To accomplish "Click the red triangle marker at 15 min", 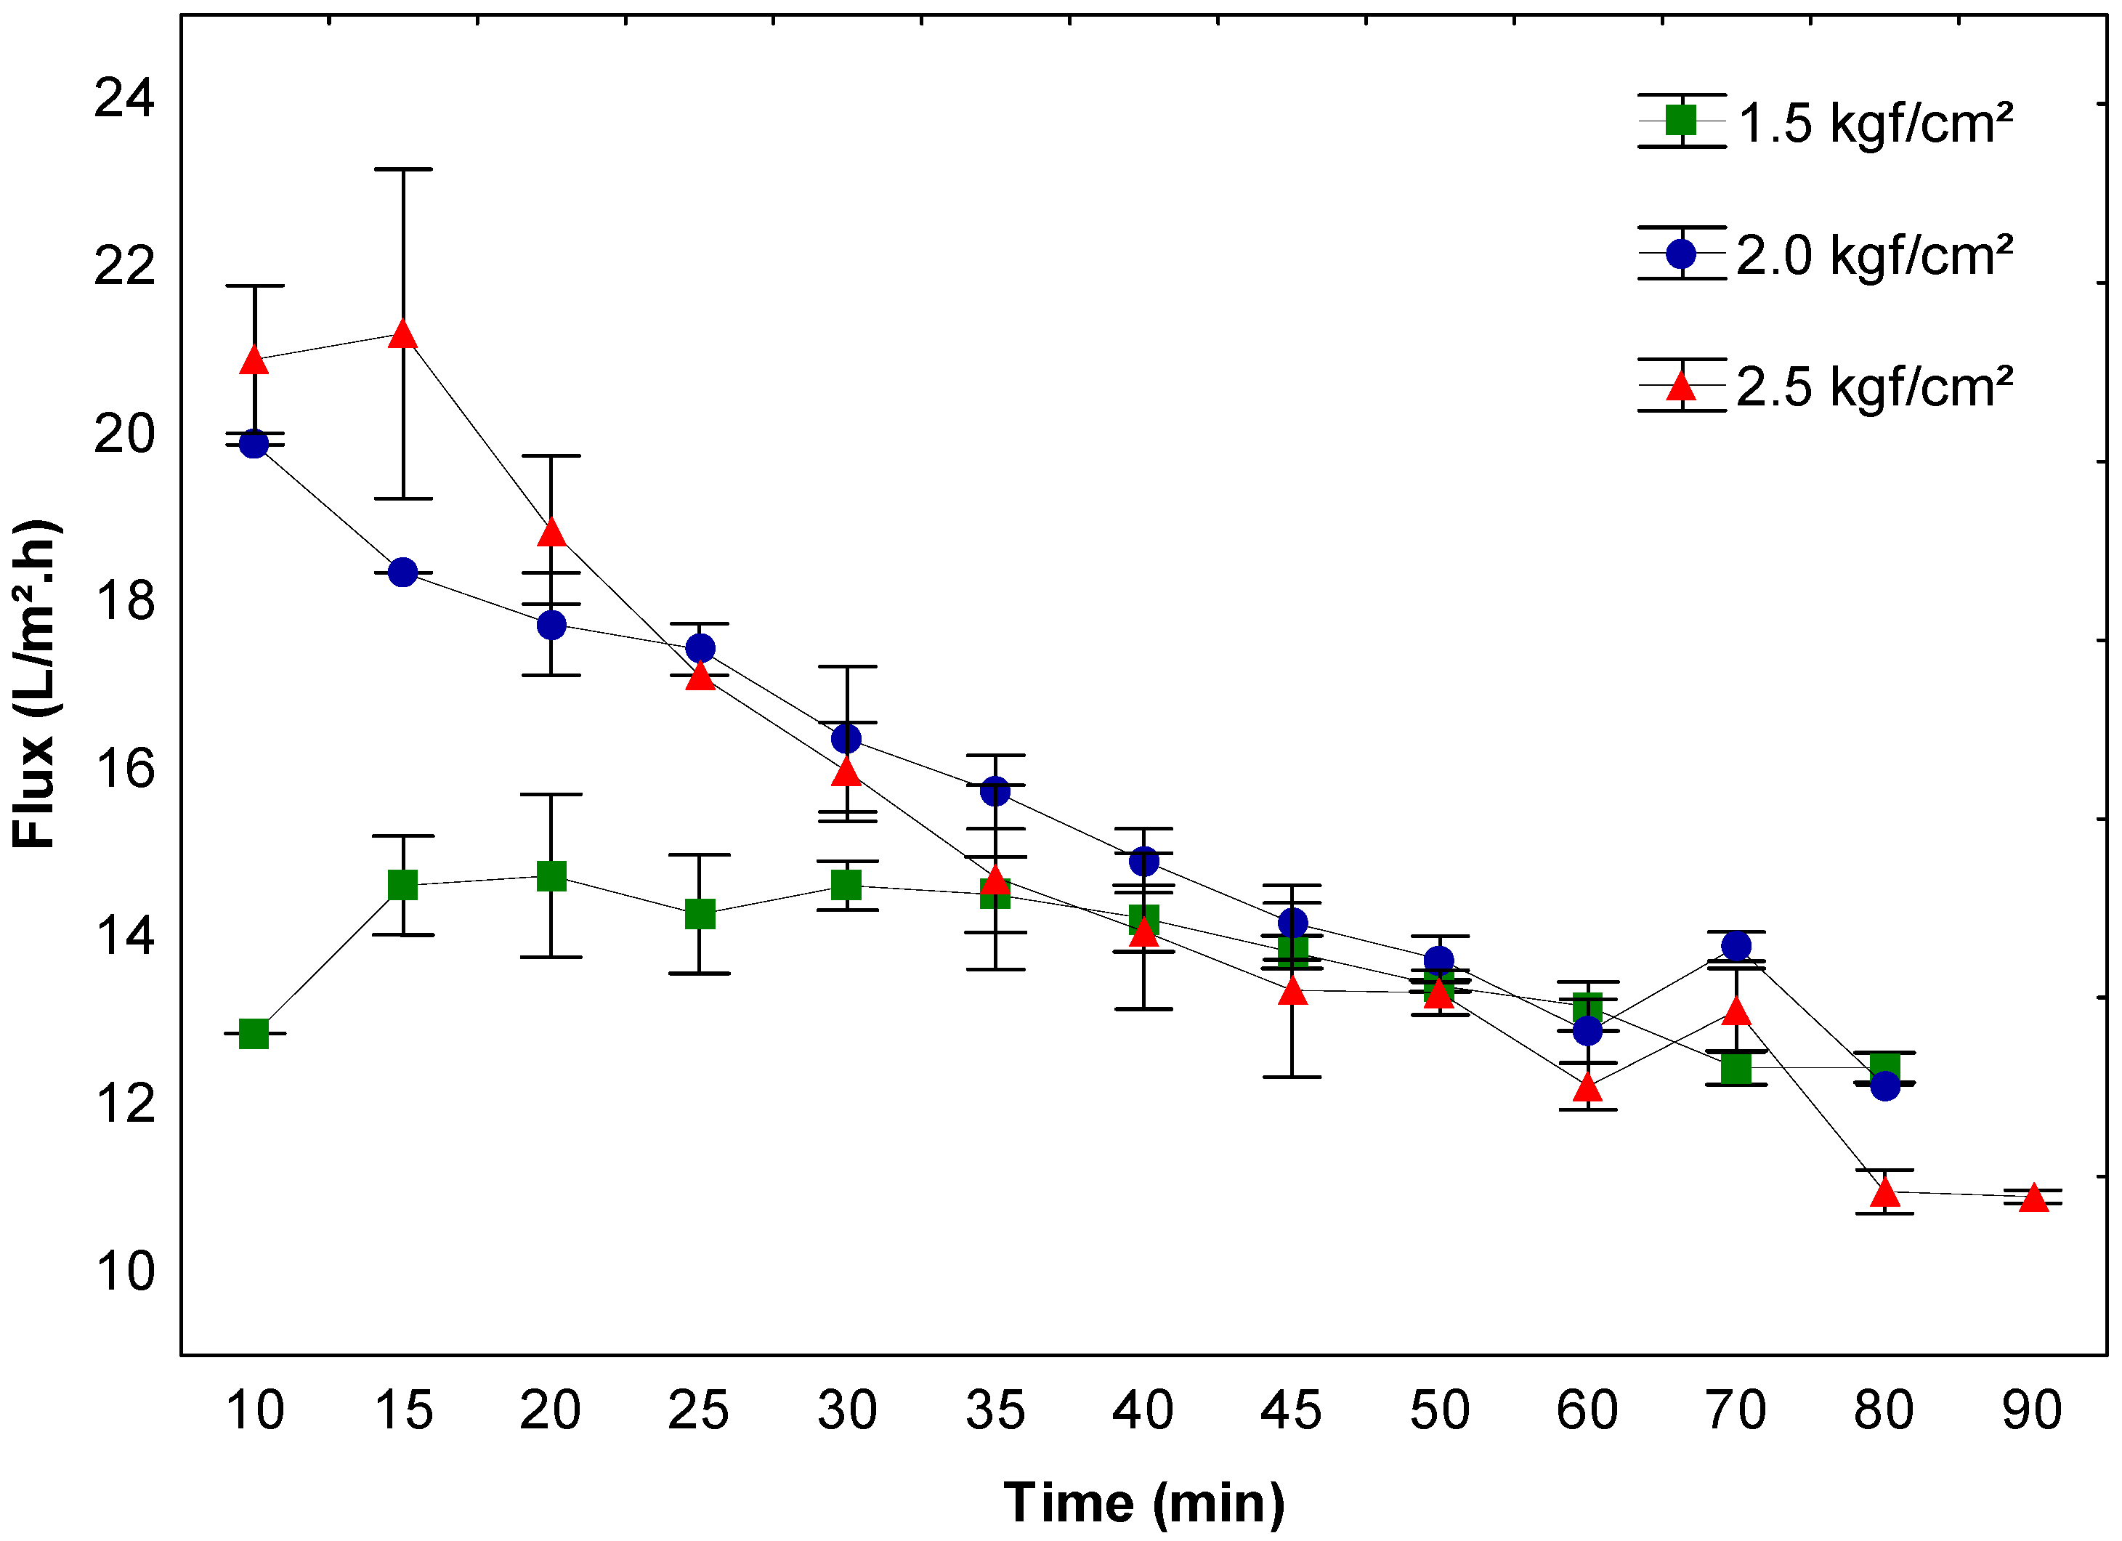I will click(403, 334).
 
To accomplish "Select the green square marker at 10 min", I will click(254, 1034).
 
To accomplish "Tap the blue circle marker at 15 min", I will click(403, 572).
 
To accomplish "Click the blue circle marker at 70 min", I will click(1736, 946).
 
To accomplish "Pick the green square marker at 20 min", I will click(551, 877).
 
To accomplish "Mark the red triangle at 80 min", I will click(1884, 1193).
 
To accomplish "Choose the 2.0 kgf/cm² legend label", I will click(1874, 254).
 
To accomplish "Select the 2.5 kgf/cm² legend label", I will click(1874, 387).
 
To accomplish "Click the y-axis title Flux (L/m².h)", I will click(35, 684).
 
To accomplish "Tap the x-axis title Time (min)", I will click(1143, 1502).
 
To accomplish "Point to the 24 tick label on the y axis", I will click(123, 97).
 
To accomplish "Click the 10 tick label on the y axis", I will click(123, 1271).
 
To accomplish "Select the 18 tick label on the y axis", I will click(123, 601).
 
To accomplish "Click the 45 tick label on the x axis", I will click(1291, 1410).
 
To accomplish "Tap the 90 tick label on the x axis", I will click(2032, 1410).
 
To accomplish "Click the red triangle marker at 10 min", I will click(254, 360).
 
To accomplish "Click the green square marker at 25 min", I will click(700, 913).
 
